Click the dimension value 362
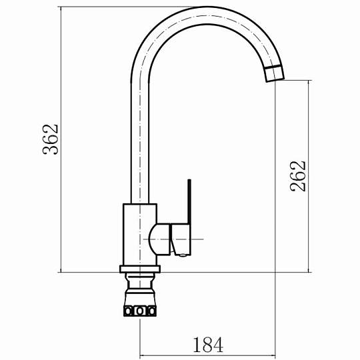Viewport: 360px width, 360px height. pos(51,139)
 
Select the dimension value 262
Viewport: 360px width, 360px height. pos(298,176)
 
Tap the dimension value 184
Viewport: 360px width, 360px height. pos(208,345)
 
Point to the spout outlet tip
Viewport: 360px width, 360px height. pos(275,81)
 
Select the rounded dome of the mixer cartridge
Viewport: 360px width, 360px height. pos(159,239)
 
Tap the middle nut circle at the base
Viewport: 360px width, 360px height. pos(139,311)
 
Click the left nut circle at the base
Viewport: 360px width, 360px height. pos(127,311)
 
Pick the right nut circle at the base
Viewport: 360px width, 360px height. pos(151,311)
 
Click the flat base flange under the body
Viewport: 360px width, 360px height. pos(140,269)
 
